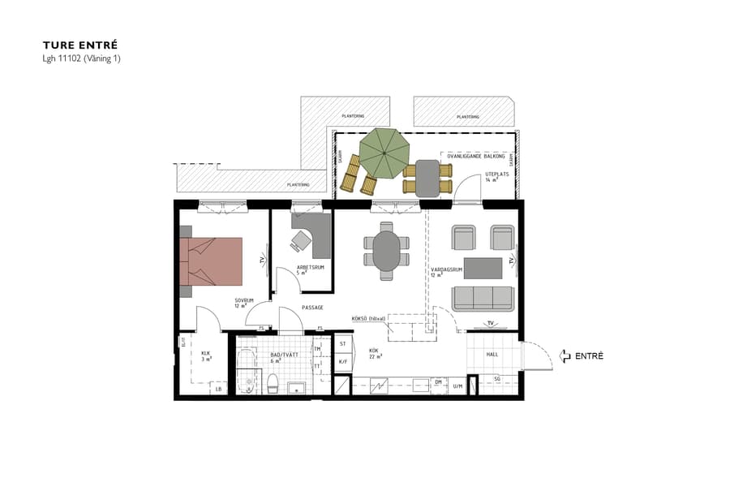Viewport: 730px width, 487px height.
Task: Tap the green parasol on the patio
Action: point(386,154)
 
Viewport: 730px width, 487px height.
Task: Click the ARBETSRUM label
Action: point(310,267)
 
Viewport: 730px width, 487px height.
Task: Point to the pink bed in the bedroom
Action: point(213,261)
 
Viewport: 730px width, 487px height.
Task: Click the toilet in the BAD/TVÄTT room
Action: point(273,382)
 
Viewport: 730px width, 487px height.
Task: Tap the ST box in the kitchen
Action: point(342,345)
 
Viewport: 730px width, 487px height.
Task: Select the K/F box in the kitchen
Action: point(342,362)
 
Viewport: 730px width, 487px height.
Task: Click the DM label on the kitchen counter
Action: point(438,381)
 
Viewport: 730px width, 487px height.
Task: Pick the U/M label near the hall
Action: point(457,386)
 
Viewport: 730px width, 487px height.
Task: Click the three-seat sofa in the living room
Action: point(483,298)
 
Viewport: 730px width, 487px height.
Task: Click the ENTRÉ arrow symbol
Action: point(565,356)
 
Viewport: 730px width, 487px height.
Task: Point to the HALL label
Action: point(492,355)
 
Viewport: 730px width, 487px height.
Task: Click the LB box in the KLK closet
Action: point(218,390)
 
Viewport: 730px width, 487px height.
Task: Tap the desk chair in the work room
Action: point(302,239)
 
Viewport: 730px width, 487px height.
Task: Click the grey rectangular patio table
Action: point(427,178)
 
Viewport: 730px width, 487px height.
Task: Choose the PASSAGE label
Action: point(313,308)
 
